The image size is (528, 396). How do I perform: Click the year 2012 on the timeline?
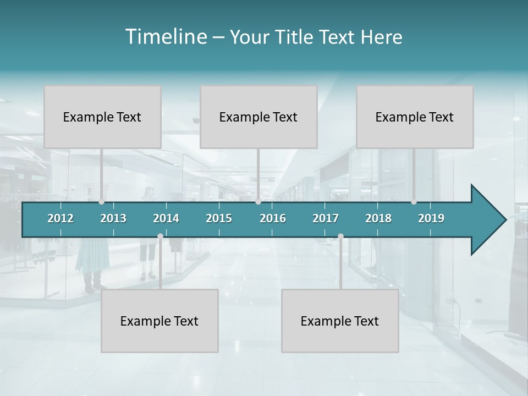[61, 218]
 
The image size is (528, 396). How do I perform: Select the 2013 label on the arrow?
[113, 218]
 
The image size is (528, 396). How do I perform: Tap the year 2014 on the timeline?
[166, 218]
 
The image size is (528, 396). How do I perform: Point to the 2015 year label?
[219, 218]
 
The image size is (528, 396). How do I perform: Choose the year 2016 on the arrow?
[273, 218]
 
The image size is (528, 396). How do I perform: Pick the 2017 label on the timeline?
[326, 218]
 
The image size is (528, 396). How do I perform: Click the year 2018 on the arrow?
[378, 218]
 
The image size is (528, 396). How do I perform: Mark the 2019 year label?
[431, 218]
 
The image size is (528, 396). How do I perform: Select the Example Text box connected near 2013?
[102, 117]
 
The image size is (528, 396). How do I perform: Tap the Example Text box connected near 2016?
[258, 117]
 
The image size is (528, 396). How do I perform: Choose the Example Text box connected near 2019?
[415, 117]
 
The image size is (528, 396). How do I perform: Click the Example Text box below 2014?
[159, 321]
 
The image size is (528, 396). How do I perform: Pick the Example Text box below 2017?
[340, 321]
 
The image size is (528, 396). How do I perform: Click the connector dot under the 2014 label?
[160, 237]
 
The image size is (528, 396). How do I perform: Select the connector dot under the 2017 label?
[340, 237]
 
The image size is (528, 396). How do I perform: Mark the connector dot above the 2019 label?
[414, 202]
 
